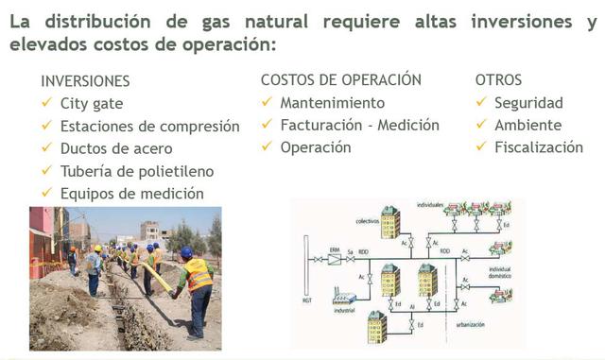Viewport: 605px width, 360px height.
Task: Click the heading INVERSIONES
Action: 85,82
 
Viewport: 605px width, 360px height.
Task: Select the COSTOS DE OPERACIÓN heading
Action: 341,80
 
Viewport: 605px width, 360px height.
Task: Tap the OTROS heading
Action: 498,80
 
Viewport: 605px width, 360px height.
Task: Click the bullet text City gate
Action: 92,104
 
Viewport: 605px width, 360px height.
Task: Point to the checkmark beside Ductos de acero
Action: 46,147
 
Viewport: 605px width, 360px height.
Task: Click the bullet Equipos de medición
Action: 131,194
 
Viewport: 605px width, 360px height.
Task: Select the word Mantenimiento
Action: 333,103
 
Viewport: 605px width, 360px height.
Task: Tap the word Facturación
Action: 324,125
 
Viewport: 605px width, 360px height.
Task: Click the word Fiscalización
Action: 539,147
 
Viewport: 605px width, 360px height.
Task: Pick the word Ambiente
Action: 527,125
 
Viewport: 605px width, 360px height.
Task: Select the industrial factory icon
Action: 345,299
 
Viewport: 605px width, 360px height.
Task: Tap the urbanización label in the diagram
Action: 469,324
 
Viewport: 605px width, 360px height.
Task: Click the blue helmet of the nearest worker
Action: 186,252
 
